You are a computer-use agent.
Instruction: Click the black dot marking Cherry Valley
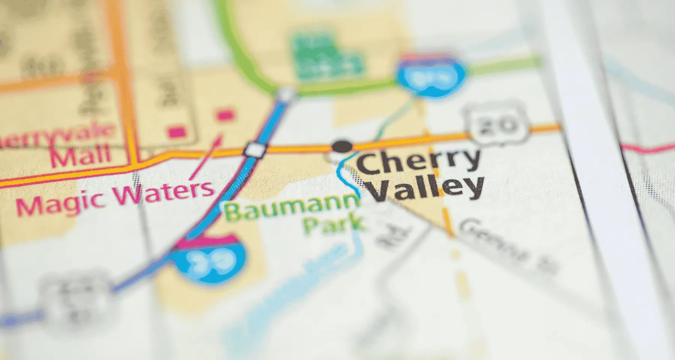342,146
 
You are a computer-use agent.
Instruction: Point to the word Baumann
291,208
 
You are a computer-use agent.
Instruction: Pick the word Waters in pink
165,191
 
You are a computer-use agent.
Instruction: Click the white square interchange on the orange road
256,150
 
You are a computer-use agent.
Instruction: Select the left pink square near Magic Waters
176,132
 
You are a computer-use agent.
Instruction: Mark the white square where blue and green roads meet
287,93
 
